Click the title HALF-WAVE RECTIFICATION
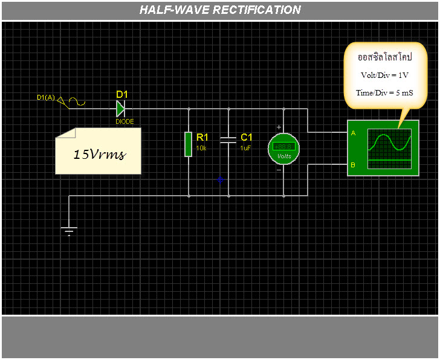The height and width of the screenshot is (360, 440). [x=220, y=10]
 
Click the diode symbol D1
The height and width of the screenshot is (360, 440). [x=120, y=109]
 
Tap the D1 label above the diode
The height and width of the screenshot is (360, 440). [x=122, y=94]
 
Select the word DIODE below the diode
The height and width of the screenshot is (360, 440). [x=125, y=121]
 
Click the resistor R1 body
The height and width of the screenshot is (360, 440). [x=189, y=144]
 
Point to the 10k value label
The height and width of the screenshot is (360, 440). [x=201, y=148]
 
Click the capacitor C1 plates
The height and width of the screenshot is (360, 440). [x=228, y=141]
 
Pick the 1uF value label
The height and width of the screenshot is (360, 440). [x=245, y=148]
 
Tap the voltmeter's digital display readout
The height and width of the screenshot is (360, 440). [x=283, y=146]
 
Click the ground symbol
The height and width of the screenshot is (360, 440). [x=70, y=230]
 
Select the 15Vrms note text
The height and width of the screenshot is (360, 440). [x=99, y=154]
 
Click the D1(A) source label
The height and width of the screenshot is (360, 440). [x=46, y=97]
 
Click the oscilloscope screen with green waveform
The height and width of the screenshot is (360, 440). [x=389, y=148]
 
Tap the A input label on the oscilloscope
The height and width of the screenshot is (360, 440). [x=353, y=133]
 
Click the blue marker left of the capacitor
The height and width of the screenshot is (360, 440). [x=221, y=180]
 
